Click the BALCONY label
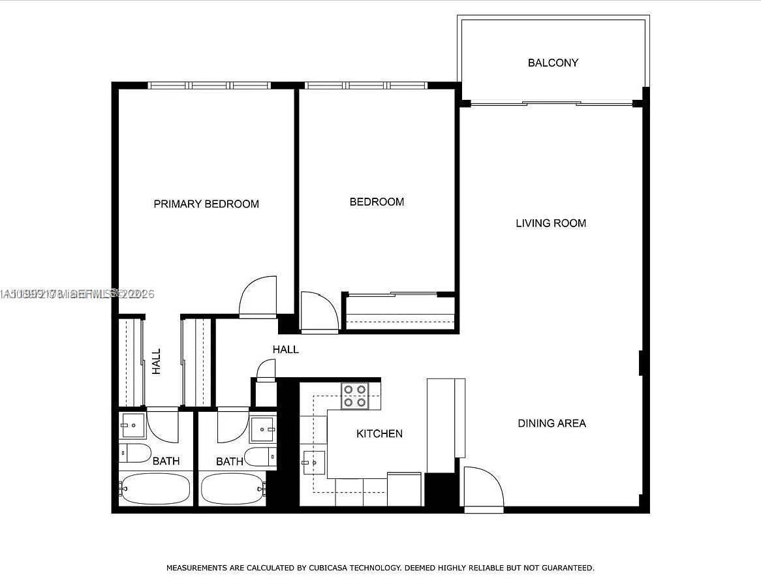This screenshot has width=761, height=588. click(x=553, y=63)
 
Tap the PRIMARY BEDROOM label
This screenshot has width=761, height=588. click(x=206, y=204)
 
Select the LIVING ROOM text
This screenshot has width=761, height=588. click(x=551, y=223)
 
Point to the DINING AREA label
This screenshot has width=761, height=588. click(x=551, y=423)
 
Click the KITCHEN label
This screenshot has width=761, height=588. click(x=379, y=433)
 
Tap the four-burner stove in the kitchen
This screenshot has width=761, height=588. click(x=355, y=395)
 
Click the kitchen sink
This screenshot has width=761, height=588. click(x=313, y=462)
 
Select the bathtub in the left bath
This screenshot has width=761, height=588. click(x=155, y=489)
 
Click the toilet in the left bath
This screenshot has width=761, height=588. click(x=134, y=452)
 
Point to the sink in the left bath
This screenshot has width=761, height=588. click(x=132, y=425)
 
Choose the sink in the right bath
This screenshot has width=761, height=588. click(x=263, y=429)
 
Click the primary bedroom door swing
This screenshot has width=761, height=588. click(x=259, y=298)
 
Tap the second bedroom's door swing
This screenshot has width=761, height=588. click(x=318, y=312)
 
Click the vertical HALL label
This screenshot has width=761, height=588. click(x=157, y=361)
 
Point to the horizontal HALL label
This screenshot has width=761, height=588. click(x=286, y=349)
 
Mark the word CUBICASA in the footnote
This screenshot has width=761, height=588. click(x=330, y=568)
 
